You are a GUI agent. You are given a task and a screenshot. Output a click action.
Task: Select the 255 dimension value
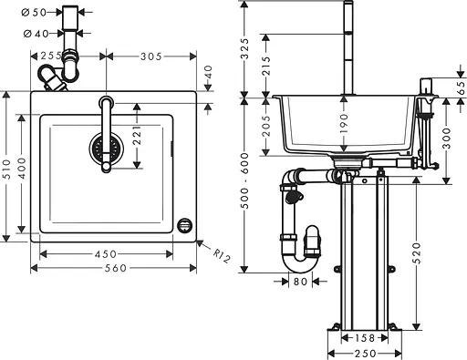coord(52,57)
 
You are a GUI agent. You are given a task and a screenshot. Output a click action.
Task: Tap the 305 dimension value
coord(150,57)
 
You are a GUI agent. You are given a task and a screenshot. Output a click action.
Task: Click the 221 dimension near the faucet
coord(136,137)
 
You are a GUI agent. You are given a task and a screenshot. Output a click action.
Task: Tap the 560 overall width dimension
coord(114,268)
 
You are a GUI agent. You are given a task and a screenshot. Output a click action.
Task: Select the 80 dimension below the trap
coord(301,282)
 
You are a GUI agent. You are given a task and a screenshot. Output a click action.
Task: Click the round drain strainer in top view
coord(105,146)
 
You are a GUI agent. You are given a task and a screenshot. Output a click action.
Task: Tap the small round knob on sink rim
coord(186,224)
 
